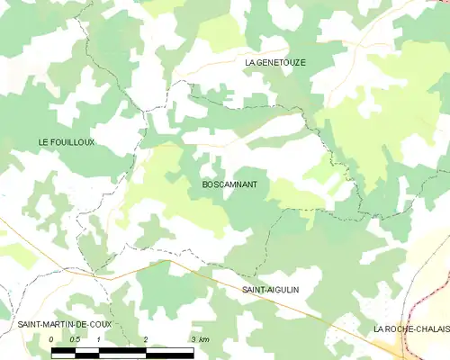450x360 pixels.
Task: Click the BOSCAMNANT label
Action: tap(224, 184)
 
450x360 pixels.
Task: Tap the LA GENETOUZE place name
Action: tap(276, 62)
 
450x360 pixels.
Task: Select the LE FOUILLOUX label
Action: tap(66, 142)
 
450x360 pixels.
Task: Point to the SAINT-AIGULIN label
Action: tap(270, 290)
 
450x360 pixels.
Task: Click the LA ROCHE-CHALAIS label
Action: tap(410, 330)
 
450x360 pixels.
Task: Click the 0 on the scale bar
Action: tap(52, 338)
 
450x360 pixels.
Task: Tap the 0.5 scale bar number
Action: tap(75, 338)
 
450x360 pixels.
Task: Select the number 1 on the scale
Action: tap(98, 338)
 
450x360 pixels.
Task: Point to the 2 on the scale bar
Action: tap(145, 338)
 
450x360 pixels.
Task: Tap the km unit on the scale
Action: tap(204, 338)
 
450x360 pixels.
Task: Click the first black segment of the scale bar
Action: tap(64, 349)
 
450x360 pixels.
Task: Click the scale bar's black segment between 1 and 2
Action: tap(121, 349)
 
